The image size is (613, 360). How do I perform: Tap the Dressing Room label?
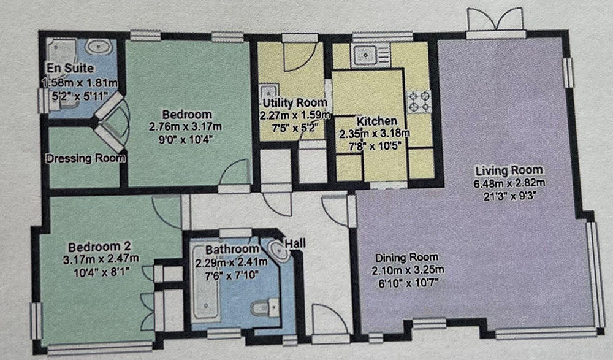pyautogui.click(x=86, y=158)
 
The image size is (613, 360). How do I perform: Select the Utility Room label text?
pyautogui.click(x=294, y=102)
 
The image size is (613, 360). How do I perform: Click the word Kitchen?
pyautogui.click(x=368, y=121)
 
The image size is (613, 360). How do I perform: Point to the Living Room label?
pyautogui.click(x=508, y=170)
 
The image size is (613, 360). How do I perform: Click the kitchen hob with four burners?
pyautogui.click(x=420, y=102)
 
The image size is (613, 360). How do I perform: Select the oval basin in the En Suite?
pyautogui.click(x=97, y=47)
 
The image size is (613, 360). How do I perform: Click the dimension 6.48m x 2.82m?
pyautogui.click(x=508, y=183)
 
